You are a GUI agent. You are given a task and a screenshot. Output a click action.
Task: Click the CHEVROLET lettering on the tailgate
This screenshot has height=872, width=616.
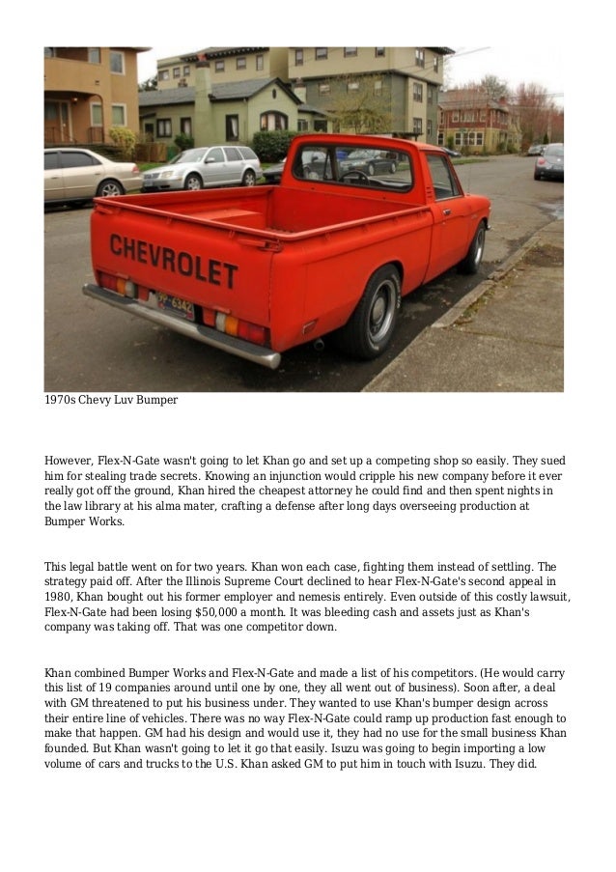[174, 261]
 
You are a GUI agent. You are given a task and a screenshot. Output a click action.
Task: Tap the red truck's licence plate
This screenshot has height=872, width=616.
[175, 306]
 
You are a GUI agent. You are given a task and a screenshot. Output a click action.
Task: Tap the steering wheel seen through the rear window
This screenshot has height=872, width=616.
[353, 175]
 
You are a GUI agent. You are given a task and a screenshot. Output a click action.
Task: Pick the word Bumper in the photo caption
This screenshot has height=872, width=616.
[154, 400]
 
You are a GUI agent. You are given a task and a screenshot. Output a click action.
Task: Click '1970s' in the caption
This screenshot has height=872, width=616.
[61, 400]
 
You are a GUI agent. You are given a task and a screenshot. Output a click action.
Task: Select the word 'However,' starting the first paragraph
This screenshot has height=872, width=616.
[70, 461]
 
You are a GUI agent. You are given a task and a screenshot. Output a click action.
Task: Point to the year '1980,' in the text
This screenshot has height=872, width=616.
[59, 598]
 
